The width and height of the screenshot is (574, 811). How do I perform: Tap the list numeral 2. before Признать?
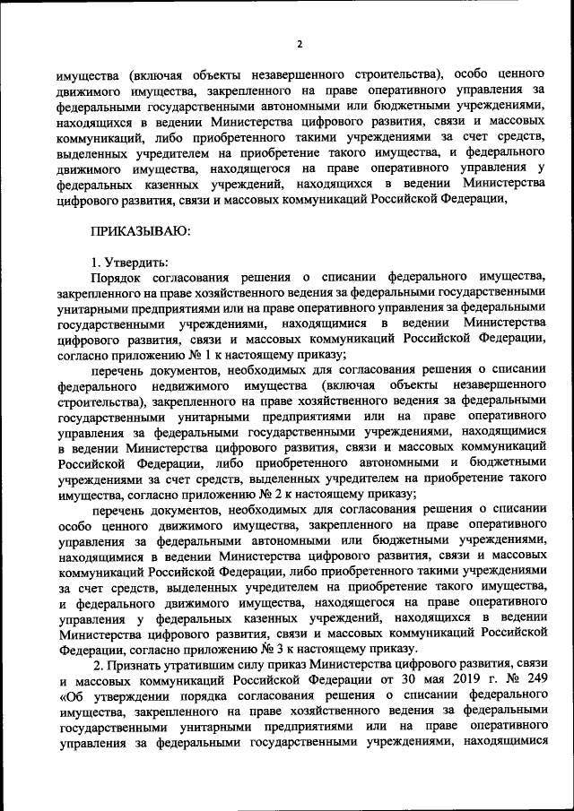(100, 663)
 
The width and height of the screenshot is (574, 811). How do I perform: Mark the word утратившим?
(214, 663)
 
